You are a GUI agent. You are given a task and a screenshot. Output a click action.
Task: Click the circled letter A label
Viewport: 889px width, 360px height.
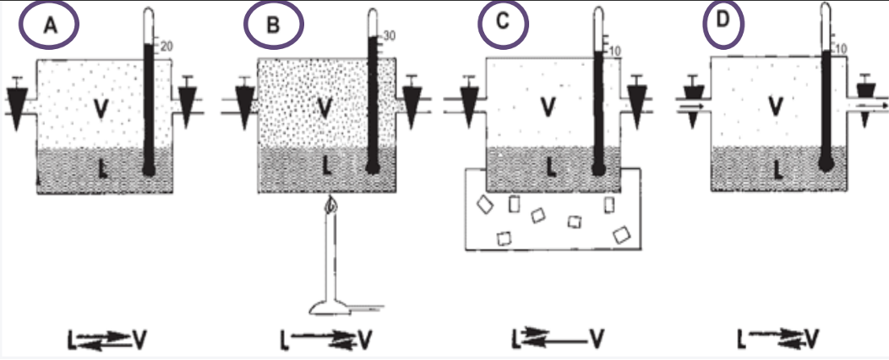pyautogui.click(x=50, y=25)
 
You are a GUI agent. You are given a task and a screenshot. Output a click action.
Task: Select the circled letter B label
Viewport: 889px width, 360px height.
pyautogui.click(x=272, y=25)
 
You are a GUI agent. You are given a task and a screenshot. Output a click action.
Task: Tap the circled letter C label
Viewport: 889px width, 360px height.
pyautogui.click(x=503, y=23)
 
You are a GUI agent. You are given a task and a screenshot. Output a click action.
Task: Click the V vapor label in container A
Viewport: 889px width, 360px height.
pyautogui.click(x=101, y=109)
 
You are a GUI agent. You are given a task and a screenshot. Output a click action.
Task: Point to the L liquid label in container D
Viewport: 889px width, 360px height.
pyautogui.click(x=775, y=169)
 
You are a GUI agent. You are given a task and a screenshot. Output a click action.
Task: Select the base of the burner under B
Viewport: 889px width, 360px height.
pyautogui.click(x=335, y=308)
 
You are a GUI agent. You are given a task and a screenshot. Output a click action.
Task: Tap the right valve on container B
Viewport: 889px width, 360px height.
pyautogui.click(x=412, y=101)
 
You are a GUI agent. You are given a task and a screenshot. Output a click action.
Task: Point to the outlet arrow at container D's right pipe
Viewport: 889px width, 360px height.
pyautogui.click(x=871, y=106)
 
